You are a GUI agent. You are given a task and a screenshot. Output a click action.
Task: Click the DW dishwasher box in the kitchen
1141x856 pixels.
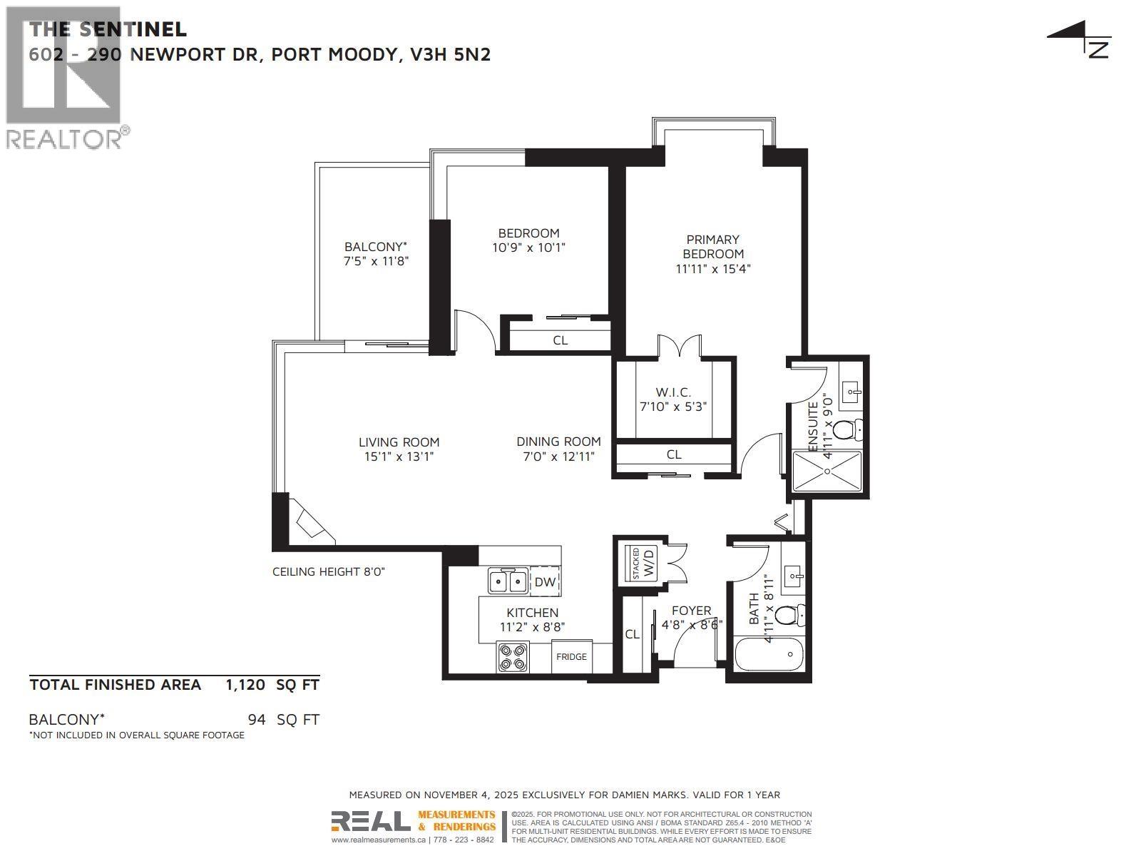coord(545,582)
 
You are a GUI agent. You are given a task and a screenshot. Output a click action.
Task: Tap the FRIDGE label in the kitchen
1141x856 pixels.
coord(571,657)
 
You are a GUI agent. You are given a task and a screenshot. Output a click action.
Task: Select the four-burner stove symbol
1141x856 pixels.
coord(513,657)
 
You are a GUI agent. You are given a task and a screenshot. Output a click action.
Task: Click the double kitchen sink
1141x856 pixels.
coord(508,581)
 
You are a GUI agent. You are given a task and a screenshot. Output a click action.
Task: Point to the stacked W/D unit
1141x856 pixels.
coord(640,563)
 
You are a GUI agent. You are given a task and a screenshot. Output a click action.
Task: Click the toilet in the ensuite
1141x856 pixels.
coord(846,430)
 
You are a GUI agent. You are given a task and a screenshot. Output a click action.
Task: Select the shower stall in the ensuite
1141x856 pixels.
coord(827,471)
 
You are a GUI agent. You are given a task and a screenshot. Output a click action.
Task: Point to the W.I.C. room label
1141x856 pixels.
coord(673,392)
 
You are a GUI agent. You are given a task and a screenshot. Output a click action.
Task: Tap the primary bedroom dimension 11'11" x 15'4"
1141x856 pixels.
coord(713,269)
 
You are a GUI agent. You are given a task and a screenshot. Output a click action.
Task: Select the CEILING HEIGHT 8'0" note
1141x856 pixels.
coord(329,572)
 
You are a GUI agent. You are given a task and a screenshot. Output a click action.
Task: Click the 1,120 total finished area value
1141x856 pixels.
coord(245,686)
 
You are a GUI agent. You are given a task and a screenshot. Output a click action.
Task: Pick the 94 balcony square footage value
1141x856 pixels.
coord(257,720)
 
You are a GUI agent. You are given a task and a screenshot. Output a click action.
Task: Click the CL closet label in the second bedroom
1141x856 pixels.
coord(561,340)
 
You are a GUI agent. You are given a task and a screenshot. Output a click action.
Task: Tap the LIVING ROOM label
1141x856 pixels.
coord(399,442)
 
